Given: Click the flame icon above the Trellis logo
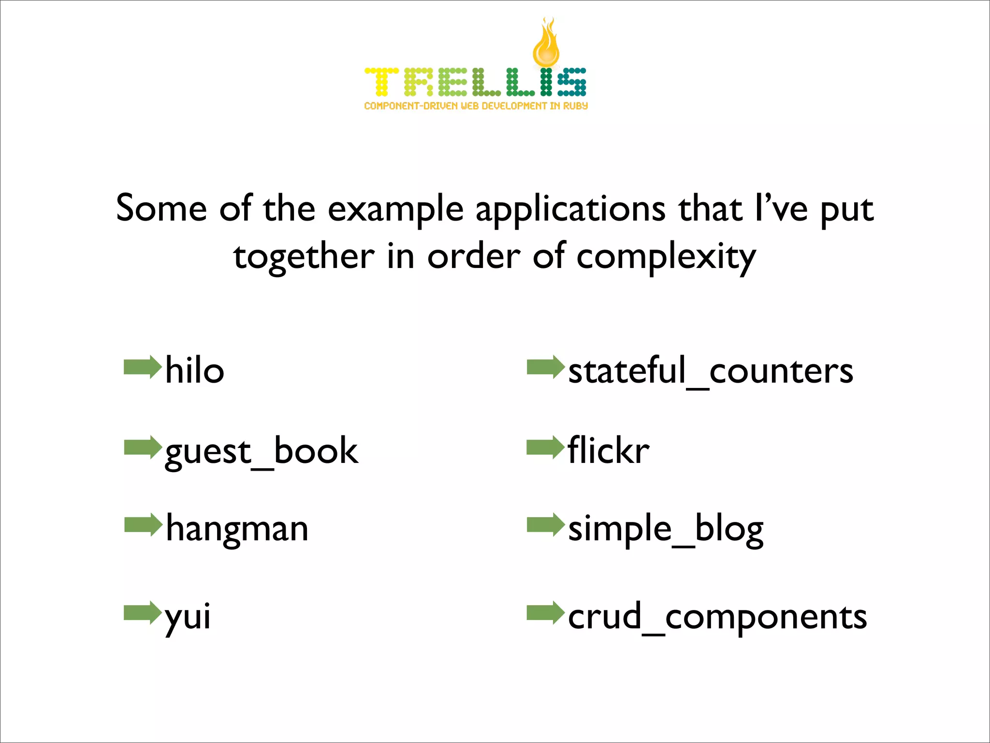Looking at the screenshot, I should click(546, 44).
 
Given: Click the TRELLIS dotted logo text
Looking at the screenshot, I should click(475, 82).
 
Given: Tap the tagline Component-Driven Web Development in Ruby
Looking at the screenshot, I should click(476, 106).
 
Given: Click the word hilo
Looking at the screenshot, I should click(195, 370).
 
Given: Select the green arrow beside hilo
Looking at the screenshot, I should click(142, 367).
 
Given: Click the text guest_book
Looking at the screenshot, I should click(262, 451).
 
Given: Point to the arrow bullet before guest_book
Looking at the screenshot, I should click(142, 447).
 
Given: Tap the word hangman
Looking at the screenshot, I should click(237, 529).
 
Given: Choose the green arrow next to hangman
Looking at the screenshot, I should click(143, 525).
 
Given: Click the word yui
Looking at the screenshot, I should click(188, 617).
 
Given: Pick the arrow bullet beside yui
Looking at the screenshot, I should click(142, 613).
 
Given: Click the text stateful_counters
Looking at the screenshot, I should click(711, 371).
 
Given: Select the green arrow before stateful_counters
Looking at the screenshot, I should click(545, 367).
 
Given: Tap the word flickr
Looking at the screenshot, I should click(609, 450).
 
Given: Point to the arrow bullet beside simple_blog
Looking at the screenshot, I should click(545, 525).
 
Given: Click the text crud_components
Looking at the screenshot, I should click(717, 617).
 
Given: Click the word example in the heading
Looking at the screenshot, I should click(395, 210).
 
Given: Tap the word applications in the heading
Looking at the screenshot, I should click(570, 210).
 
